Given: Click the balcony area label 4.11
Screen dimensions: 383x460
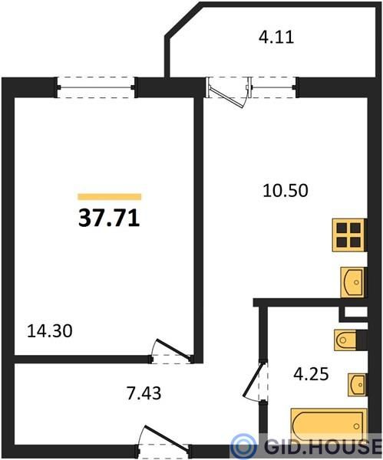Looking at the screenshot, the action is (276, 38).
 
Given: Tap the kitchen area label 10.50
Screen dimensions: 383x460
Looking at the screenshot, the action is (286, 190).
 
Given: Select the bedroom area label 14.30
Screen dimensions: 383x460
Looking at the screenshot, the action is (49, 331).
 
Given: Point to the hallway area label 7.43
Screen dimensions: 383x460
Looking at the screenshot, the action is (144, 393).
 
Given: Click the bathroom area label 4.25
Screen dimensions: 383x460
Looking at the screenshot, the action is (311, 374).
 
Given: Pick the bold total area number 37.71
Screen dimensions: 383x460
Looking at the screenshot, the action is (109, 219).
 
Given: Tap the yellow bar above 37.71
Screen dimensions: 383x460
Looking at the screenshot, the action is (109, 196).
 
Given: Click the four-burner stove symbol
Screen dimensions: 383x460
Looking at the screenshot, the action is (349, 235).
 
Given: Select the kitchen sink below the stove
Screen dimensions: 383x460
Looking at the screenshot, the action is (353, 282).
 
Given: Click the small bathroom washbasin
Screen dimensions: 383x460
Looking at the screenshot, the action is (357, 385).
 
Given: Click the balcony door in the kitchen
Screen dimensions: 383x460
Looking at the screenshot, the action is (228, 92).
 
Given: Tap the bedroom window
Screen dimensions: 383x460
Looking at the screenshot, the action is (96, 87).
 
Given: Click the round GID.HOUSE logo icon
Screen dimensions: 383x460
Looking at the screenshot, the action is (243, 446).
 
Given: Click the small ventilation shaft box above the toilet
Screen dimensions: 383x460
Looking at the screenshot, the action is (355, 313).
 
